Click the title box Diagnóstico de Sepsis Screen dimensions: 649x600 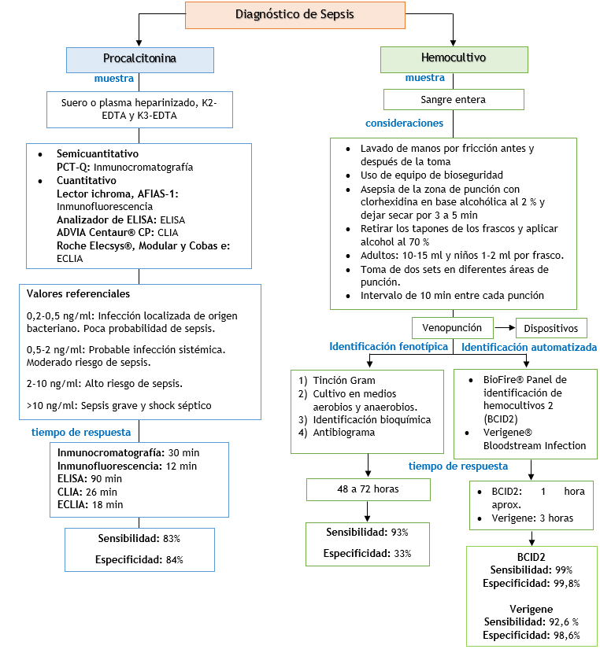coord(295,15)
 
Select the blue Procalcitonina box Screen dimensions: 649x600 coord(139,59)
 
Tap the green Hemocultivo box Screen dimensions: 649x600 coord(454,59)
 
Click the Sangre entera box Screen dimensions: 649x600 coord(454,100)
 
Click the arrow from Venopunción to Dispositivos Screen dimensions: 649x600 coord(504,327)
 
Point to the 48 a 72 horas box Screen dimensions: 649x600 coord(368,489)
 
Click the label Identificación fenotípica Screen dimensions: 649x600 coord(388,347)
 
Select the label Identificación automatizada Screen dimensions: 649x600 coord(528,347)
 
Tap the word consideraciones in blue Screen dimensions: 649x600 coord(404,124)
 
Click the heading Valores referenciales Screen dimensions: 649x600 coord(78,294)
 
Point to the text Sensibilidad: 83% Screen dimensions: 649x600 coord(139,539)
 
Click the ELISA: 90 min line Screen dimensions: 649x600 coord(90,479)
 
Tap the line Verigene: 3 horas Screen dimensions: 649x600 coord(531,518)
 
